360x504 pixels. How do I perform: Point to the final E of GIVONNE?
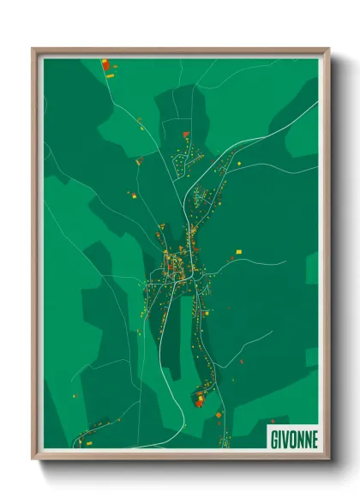point(314,438)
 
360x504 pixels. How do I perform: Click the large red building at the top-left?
point(105,64)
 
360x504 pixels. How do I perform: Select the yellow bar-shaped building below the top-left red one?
point(110,77)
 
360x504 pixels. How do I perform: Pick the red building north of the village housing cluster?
point(186,135)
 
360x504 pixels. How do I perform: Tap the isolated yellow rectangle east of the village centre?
point(239,252)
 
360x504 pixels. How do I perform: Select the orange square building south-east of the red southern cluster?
point(219,415)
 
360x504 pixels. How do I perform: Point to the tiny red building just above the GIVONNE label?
point(272,421)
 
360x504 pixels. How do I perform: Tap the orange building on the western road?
point(138,160)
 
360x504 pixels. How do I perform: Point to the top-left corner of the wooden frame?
point(33,49)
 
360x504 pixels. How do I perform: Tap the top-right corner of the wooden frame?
point(328,49)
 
